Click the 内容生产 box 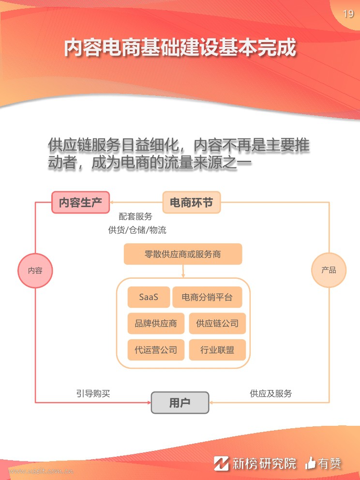80,202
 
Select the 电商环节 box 191,202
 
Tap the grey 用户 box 180,403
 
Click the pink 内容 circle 35,270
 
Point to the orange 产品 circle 329,270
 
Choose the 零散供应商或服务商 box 183,254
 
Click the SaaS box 149,297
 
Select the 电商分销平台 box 207,297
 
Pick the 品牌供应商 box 156,323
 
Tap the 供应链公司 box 217,323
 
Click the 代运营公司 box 156,349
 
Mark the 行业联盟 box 217,349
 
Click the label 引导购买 93,393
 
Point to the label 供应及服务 271,393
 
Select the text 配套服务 135,216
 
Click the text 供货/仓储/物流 137,230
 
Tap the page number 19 348,14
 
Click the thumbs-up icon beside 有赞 311,463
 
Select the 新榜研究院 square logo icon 221,463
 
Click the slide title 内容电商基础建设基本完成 180,47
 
